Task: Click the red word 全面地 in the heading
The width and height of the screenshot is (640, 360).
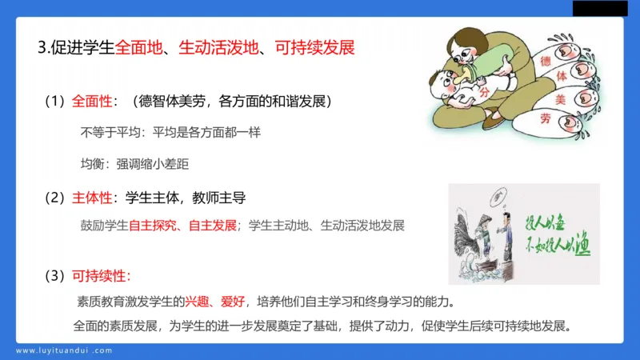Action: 137,46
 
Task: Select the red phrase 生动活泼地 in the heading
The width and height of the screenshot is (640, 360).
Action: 216,46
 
